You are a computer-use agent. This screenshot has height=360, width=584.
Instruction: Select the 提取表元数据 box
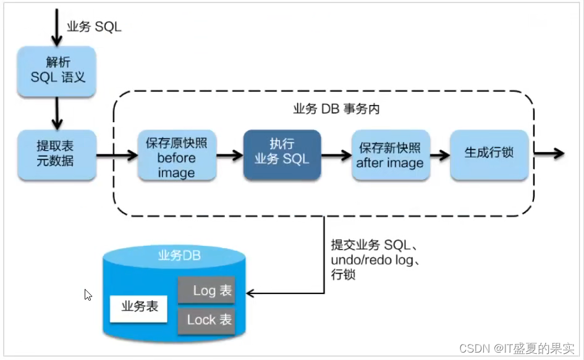click(56, 154)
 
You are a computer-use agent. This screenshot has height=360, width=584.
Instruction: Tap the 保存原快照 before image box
click(177, 156)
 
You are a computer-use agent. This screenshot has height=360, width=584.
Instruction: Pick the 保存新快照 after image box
click(390, 155)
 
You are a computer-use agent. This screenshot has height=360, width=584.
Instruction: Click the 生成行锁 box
click(489, 154)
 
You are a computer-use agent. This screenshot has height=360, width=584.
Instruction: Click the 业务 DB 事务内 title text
click(336, 109)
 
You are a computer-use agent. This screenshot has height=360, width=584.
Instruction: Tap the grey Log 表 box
click(206, 290)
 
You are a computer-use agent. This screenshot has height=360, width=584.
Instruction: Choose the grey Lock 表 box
click(206, 319)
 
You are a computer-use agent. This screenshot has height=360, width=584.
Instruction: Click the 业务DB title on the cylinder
click(179, 256)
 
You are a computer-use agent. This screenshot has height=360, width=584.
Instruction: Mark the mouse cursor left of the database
click(88, 295)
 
